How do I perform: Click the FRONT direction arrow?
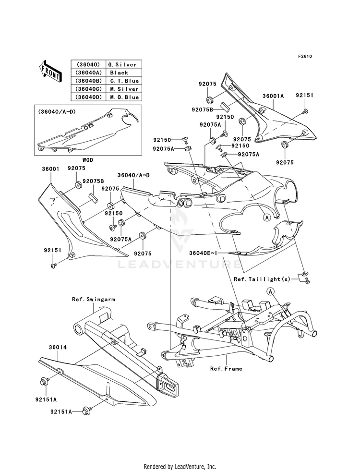[50, 71]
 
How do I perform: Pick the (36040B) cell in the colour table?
[89, 81]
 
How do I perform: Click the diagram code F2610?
[305, 56]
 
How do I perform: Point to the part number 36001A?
[273, 96]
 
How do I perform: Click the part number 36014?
[58, 347]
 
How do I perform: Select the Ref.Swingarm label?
[94, 299]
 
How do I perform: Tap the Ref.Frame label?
[226, 369]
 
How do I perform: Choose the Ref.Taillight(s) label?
[262, 279]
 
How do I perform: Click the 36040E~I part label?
[203, 253]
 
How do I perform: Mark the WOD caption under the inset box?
[87, 160]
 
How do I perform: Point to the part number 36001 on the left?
[50, 169]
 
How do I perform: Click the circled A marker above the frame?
[271, 291]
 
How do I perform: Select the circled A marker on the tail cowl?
[266, 217]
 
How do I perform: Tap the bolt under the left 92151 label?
[53, 266]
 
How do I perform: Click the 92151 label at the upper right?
[304, 95]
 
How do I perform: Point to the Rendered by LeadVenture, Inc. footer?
[180, 467]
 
